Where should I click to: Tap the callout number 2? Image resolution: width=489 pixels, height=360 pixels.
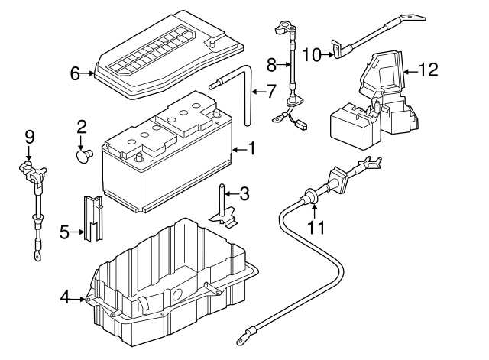(x=81, y=127)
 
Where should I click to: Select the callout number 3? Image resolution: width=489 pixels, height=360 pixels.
(x=244, y=194)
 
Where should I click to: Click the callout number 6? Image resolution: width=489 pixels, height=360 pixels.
(x=75, y=74)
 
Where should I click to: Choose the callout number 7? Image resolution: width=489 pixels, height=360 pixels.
(x=270, y=92)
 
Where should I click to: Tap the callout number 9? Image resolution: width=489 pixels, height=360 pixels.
(x=30, y=138)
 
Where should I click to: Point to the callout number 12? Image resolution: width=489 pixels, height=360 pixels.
(x=429, y=71)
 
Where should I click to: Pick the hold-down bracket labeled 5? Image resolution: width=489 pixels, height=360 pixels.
(x=92, y=218)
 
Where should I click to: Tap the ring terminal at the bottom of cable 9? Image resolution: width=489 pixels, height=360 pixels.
(x=36, y=257)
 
